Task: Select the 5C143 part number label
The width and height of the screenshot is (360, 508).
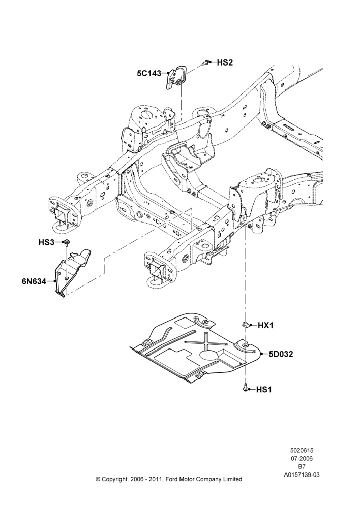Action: (149, 74)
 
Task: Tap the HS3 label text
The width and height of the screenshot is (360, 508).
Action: (46, 242)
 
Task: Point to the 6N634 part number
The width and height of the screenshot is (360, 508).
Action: (34, 281)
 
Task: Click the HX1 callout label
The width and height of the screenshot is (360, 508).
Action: (265, 325)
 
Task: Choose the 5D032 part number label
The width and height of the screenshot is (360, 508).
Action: (281, 354)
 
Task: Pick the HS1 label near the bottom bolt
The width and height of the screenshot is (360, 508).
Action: (264, 389)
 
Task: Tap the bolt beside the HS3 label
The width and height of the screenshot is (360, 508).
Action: (67, 243)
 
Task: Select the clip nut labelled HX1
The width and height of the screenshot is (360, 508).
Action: (246, 324)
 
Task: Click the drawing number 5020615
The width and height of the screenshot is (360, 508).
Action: (302, 450)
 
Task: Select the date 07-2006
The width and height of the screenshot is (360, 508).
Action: (302, 458)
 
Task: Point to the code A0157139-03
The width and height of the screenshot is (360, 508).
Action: (302, 475)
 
